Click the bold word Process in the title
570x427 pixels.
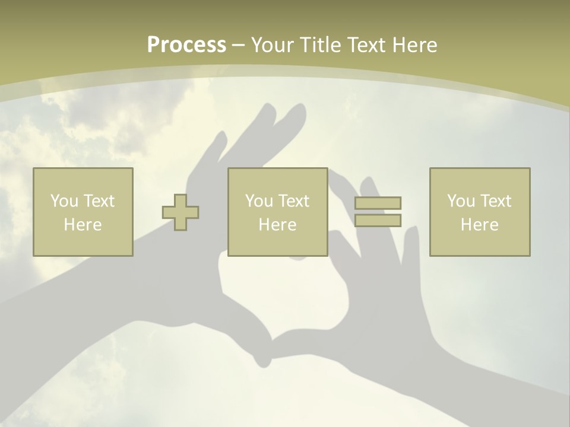click(186, 44)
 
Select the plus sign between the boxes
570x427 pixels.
click(180, 212)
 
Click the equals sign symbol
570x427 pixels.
click(378, 212)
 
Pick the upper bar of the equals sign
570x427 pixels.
click(378, 203)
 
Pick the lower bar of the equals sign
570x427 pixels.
click(378, 221)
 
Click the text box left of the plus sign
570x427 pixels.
click(83, 212)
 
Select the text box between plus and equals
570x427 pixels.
click(277, 212)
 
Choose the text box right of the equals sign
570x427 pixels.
click(479, 212)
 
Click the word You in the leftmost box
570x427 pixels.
click(64, 201)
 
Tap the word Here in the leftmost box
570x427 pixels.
click(83, 225)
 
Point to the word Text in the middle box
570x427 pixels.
click(294, 201)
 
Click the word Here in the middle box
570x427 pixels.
click(277, 225)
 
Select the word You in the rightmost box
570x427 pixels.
click(461, 201)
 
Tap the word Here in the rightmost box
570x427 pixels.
click(479, 225)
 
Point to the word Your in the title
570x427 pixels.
click(273, 44)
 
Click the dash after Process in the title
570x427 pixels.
click(238, 45)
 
